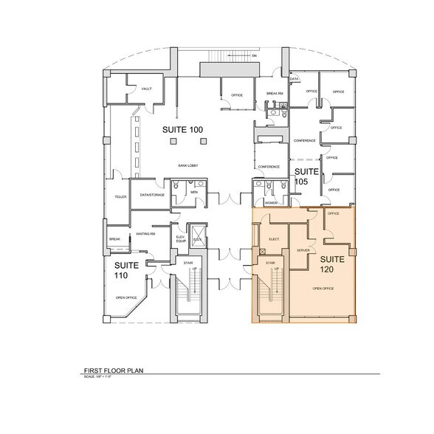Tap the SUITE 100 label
182,130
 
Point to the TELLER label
120,197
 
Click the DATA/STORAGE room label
151,194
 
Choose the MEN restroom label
194,192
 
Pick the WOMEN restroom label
270,202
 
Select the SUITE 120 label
332,265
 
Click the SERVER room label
302,251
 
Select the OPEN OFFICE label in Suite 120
323,288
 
